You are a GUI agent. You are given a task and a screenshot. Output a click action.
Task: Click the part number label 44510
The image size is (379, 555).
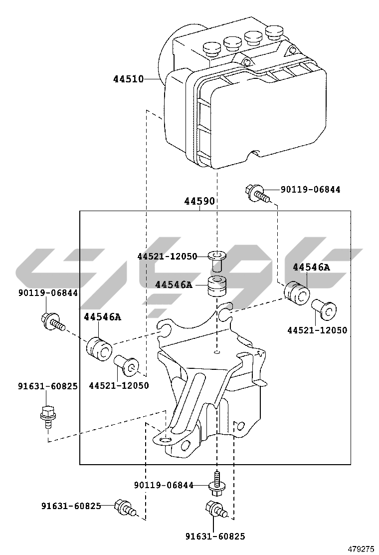tap(128, 79)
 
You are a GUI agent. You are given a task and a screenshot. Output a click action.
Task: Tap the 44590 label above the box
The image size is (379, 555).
tap(199, 202)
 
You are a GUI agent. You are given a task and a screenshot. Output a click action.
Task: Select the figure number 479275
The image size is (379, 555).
tap(361, 549)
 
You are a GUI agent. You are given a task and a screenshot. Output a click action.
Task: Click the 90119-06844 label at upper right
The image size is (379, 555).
tap(310, 190)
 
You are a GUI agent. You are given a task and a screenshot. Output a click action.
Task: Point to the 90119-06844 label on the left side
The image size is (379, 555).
tap(48, 293)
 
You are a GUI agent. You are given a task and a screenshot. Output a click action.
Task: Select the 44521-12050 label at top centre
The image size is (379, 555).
tap(167, 256)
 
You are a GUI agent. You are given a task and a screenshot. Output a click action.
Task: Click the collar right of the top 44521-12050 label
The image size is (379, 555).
tap(216, 261)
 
